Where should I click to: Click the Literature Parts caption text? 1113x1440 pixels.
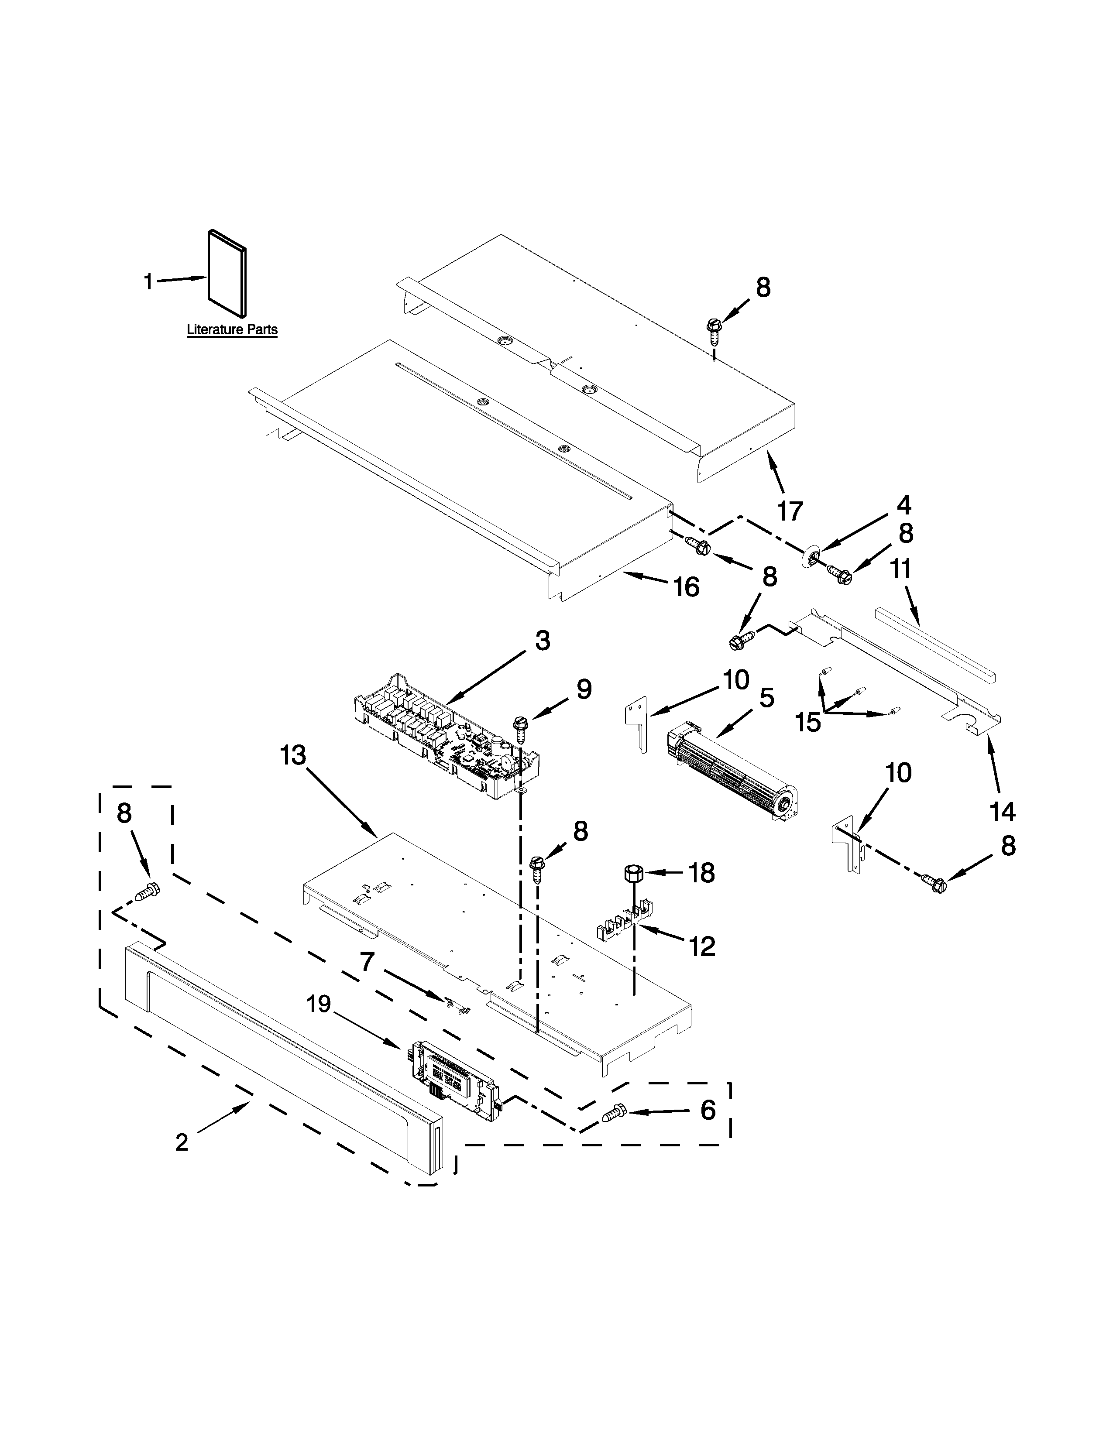[232, 329]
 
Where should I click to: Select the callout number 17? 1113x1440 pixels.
[790, 511]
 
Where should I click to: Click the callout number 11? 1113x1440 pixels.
[901, 568]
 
